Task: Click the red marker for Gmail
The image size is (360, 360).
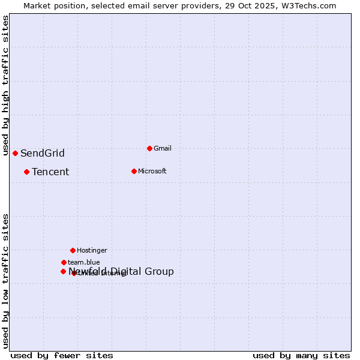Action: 149,148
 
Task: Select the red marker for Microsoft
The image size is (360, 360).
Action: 134,171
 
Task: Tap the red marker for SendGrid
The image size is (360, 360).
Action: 15,153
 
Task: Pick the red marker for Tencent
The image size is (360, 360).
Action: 26,172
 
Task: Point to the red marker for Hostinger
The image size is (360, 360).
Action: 73,250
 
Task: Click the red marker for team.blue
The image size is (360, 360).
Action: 64,262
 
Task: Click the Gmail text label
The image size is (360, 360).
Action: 163,148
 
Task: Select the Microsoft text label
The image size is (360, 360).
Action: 152,171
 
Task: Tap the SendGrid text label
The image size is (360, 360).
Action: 42,153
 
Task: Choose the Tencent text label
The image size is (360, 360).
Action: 50,172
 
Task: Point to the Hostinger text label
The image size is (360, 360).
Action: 92,250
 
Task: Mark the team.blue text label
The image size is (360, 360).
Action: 84,262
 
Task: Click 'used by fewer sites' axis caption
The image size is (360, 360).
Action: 62,356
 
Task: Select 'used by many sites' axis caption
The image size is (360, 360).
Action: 301,356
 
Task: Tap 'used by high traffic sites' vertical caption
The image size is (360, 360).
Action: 5,85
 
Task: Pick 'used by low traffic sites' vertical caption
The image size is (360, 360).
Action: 5,281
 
